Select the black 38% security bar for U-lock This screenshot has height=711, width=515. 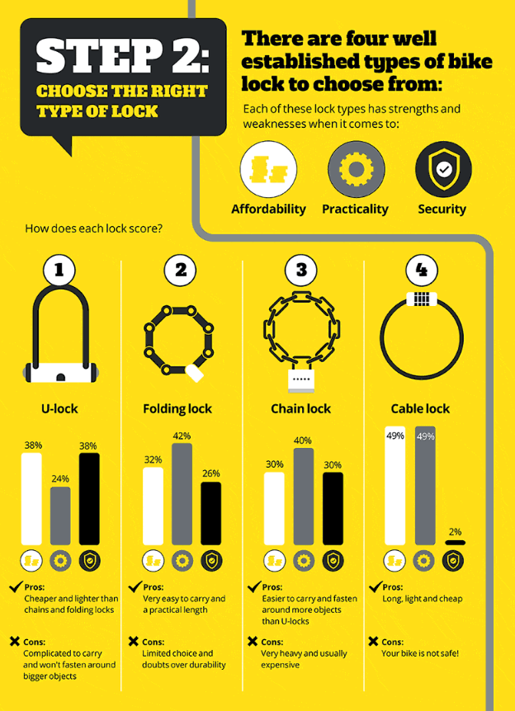(x=89, y=498)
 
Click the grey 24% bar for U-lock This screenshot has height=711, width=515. (x=60, y=516)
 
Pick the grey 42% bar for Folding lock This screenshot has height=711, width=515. (x=182, y=494)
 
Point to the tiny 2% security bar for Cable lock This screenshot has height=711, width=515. (x=454, y=542)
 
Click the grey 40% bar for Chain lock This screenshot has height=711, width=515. (x=303, y=497)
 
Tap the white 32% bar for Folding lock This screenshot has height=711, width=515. (x=154, y=506)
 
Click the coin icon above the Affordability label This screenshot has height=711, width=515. (x=268, y=169)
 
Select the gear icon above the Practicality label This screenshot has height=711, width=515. (x=356, y=169)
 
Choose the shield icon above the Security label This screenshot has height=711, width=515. (x=443, y=169)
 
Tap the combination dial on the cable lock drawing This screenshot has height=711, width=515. (x=422, y=298)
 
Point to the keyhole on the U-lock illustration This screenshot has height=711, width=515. (x=60, y=376)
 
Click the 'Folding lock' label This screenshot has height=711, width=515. (x=177, y=408)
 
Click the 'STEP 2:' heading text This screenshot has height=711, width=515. (x=122, y=55)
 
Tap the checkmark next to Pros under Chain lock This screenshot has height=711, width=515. (x=254, y=586)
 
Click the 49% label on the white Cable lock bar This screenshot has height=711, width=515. (x=395, y=436)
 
